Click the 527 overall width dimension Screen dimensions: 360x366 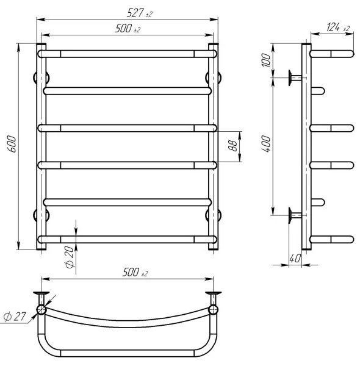[139, 13]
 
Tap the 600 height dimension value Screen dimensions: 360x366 [12, 144]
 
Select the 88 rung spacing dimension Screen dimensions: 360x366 [232, 146]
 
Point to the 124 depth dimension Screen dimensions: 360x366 [338, 27]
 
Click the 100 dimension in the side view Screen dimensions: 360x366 [266, 60]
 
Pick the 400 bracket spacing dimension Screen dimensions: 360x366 [266, 143]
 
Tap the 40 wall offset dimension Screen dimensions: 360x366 [295, 259]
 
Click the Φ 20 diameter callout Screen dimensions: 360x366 [70, 257]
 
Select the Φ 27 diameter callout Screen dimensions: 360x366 [15, 317]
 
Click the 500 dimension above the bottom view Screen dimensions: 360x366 [135, 272]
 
